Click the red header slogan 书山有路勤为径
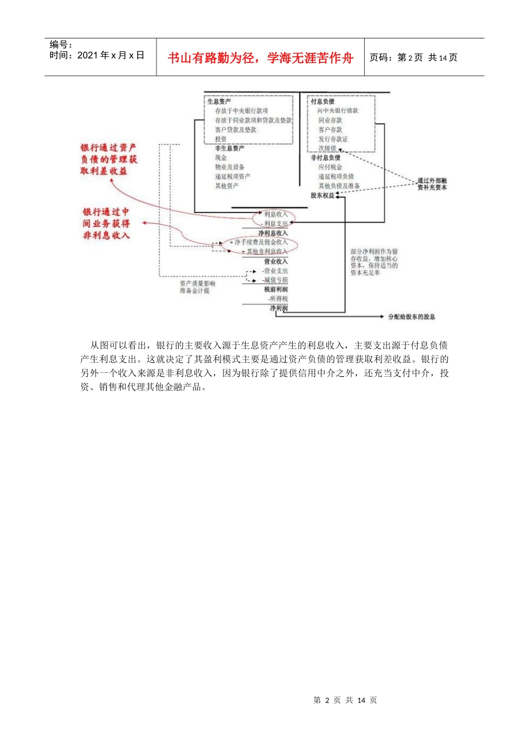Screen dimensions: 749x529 (260, 58)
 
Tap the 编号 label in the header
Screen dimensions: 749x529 (61, 45)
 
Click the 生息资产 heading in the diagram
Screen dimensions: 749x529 (219, 101)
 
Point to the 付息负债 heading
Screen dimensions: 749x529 (322, 101)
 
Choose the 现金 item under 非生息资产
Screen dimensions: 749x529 (221, 158)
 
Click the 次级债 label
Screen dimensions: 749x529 (327, 149)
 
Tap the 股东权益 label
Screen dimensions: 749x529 (323, 196)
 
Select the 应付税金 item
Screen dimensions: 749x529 (330, 167)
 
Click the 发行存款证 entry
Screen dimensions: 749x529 (333, 139)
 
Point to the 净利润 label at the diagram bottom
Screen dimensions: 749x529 (279, 308)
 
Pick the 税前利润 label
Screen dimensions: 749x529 (276, 290)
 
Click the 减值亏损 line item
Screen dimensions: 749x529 (276, 280)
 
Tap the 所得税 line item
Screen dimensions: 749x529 (278, 299)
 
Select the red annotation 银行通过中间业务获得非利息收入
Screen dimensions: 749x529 (106, 223)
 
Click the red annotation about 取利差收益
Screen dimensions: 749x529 (108, 159)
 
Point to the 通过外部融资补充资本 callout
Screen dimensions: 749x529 (432, 184)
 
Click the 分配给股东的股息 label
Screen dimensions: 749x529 (412, 317)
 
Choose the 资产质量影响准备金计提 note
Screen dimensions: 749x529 (198, 287)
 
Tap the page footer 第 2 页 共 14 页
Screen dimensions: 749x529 (345, 700)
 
